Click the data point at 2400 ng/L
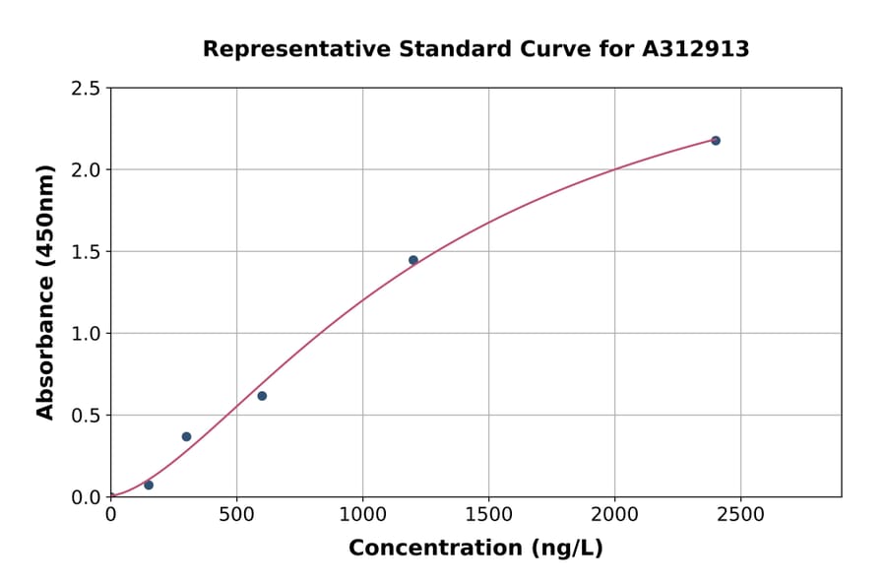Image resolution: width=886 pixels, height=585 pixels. click(x=716, y=141)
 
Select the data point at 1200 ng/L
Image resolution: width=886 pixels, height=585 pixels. click(x=413, y=260)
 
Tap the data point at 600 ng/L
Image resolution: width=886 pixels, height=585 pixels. click(x=262, y=396)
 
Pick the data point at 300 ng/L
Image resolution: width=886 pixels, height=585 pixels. click(x=186, y=436)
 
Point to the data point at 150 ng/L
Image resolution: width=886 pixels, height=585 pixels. click(x=149, y=485)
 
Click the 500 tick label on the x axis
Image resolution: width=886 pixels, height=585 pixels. click(x=236, y=515)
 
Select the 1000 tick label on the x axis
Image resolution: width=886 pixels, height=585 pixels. click(x=362, y=515)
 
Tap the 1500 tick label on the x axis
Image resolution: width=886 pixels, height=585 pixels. click(x=488, y=515)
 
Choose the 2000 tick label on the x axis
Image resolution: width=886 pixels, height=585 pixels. click(x=614, y=515)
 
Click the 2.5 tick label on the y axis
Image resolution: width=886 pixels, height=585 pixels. click(x=86, y=89)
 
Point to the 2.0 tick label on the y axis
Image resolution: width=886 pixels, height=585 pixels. click(x=86, y=170)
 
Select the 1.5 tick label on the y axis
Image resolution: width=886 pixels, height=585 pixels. click(x=86, y=252)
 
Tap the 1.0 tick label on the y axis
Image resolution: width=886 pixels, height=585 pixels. click(x=86, y=334)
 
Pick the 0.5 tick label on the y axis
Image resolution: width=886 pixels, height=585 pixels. click(x=86, y=416)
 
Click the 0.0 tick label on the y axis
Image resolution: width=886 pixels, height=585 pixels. click(x=86, y=497)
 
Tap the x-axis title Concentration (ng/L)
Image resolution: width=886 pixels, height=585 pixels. click(x=475, y=549)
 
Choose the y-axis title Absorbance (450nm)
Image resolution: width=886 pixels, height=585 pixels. click(x=45, y=292)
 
